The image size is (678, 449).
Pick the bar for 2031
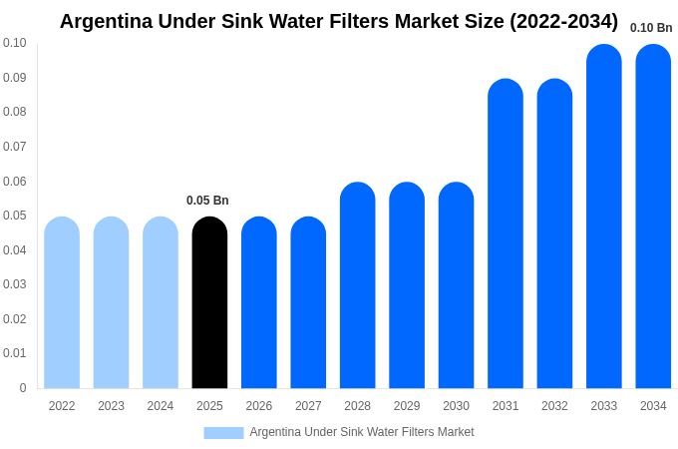[x=506, y=233]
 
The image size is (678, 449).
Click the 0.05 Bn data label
[x=207, y=201]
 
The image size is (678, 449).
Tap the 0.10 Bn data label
[x=651, y=28]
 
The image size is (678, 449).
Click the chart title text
[x=339, y=21]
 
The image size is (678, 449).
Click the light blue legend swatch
[x=223, y=432]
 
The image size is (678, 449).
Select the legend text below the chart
[x=362, y=432]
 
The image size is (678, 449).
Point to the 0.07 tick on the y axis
[x=15, y=147]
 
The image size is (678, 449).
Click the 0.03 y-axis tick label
[x=15, y=284]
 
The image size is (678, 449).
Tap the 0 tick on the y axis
[x=22, y=388]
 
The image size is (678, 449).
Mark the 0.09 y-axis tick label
[x=15, y=78]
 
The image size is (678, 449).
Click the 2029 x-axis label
[x=407, y=406]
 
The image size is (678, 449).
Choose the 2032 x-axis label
[x=554, y=406]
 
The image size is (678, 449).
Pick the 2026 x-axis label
[x=259, y=406]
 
